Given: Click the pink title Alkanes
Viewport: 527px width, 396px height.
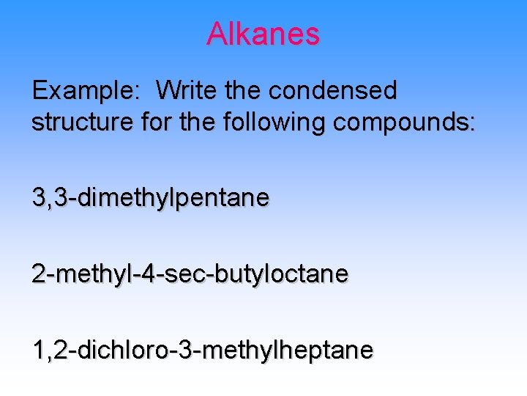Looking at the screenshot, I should coord(263,34).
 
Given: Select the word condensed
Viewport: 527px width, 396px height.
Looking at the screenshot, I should coord(332,91).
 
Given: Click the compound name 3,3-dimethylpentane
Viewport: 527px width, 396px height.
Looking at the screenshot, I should coord(150,197).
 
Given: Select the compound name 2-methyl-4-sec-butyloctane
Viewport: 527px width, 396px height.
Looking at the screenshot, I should coord(190,274).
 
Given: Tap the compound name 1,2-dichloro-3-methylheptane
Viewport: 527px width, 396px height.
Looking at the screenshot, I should coord(202,351).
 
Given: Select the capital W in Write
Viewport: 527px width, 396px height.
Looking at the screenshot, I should coord(168,91).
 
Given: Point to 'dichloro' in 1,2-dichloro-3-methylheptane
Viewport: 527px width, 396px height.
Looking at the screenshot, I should coord(117,351).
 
